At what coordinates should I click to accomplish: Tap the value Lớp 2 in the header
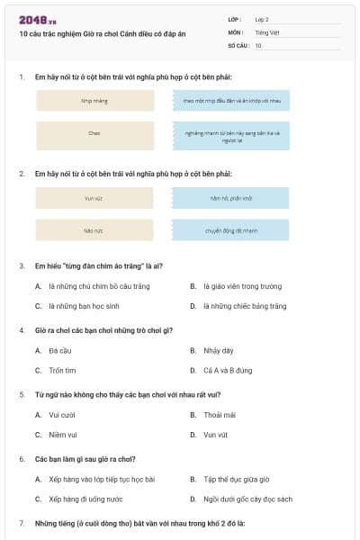pos(262,19)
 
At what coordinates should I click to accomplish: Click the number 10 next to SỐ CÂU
pos(258,45)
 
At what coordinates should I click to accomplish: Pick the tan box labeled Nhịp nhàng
pos(94,101)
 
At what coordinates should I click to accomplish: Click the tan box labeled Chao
pos(94,133)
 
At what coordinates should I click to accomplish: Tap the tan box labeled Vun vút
pos(94,198)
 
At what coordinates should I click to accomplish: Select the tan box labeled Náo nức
pos(94,230)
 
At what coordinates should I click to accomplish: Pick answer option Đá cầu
pos(60,350)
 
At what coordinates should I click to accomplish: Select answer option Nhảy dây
pos(218,350)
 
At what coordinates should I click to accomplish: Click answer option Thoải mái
pos(219,415)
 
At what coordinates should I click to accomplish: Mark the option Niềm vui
pos(63,435)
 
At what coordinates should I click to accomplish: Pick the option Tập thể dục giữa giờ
pos(237,479)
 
